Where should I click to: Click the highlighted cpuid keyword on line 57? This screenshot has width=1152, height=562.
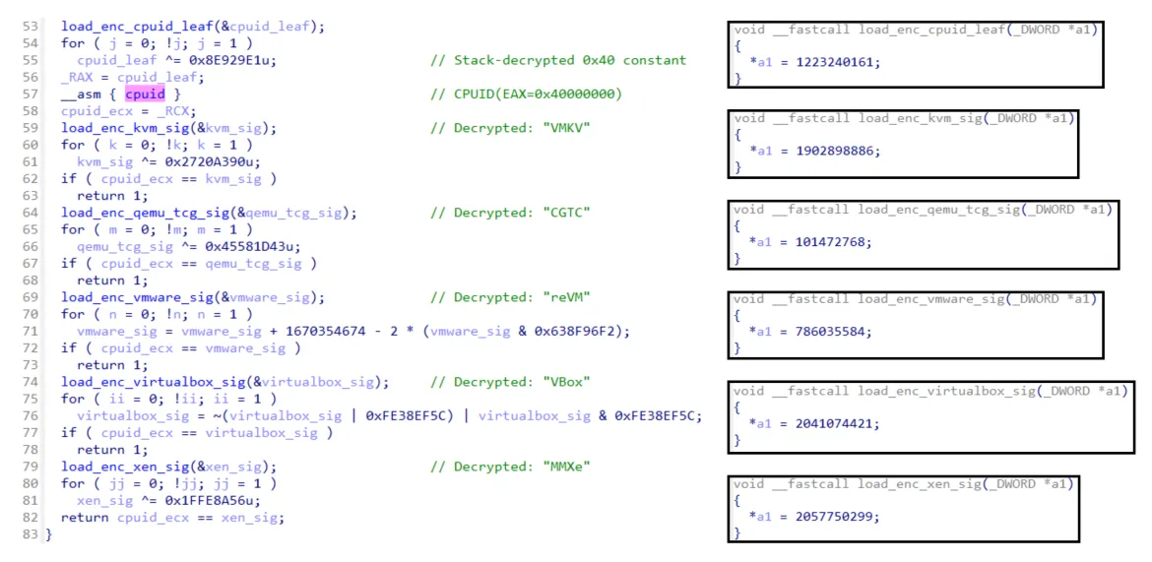pyautogui.click(x=145, y=94)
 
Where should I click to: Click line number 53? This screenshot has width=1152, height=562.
pyautogui.click(x=30, y=27)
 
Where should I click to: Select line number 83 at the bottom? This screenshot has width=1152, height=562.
pyautogui.click(x=30, y=534)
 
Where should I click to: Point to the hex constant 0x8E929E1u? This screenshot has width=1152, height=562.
pyautogui.click(x=235, y=60)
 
